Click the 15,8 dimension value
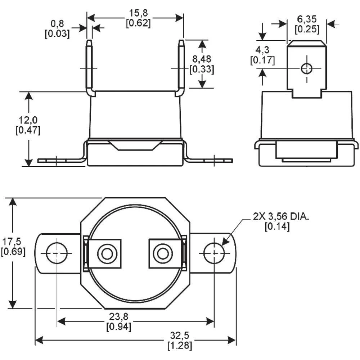[138, 13]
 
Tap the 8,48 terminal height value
[201, 59]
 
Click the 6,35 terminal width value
[307, 19]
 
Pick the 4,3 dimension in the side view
[262, 50]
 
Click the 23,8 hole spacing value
[118, 317]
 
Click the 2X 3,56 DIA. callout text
[281, 217]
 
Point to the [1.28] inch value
[180, 346]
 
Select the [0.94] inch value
[118, 327]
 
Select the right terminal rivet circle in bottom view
[163, 254]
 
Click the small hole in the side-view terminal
[307, 68]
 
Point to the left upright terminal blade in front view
[89, 67]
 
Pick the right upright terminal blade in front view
[181, 67]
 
